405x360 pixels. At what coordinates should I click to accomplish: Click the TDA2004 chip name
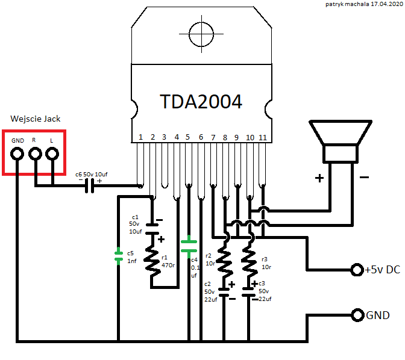[x=201, y=101]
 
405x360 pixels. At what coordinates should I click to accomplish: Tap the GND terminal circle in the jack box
[x=17, y=154]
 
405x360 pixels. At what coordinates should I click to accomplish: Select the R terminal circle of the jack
[x=35, y=154]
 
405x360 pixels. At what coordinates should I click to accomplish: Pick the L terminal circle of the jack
[x=52, y=154]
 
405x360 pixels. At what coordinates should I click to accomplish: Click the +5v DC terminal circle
[x=357, y=270]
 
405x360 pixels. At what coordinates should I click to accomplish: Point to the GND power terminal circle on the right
[x=358, y=315]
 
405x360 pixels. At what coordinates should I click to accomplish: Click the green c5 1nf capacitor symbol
[x=119, y=256]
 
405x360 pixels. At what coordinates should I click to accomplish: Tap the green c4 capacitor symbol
[x=189, y=246]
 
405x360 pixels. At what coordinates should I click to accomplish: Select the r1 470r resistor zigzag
[x=152, y=261]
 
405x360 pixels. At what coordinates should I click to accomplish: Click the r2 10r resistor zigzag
[x=224, y=261]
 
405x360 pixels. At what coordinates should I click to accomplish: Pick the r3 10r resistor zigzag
[x=249, y=261]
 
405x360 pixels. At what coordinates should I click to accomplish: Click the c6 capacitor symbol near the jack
[x=90, y=186]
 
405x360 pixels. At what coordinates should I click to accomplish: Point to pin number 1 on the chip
[x=141, y=137]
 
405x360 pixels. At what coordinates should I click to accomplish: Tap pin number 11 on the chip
[x=263, y=137]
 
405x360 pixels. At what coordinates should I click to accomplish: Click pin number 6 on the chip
[x=201, y=137]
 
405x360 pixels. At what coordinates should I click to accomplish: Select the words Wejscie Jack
[x=36, y=119]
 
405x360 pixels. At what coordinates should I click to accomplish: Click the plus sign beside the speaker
[x=319, y=178]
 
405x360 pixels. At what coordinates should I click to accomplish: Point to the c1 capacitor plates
[x=152, y=229]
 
